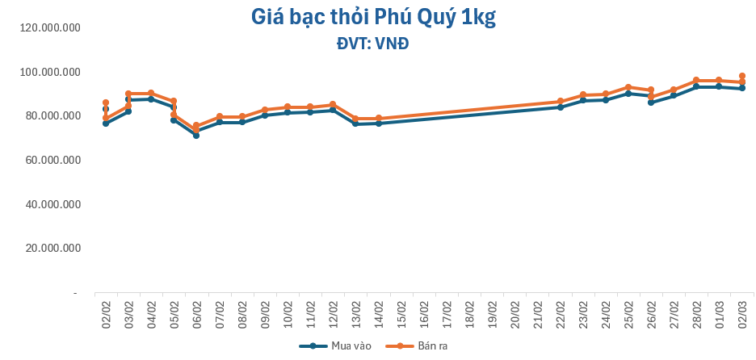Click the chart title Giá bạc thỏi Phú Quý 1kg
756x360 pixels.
tap(373, 17)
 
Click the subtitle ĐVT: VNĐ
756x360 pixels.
tap(373, 44)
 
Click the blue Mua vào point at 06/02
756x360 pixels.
tap(196, 135)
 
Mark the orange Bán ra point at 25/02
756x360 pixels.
tap(628, 87)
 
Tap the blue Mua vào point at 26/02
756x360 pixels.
tap(651, 103)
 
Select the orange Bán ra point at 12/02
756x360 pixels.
tap(333, 105)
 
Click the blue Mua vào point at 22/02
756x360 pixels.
tap(560, 107)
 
